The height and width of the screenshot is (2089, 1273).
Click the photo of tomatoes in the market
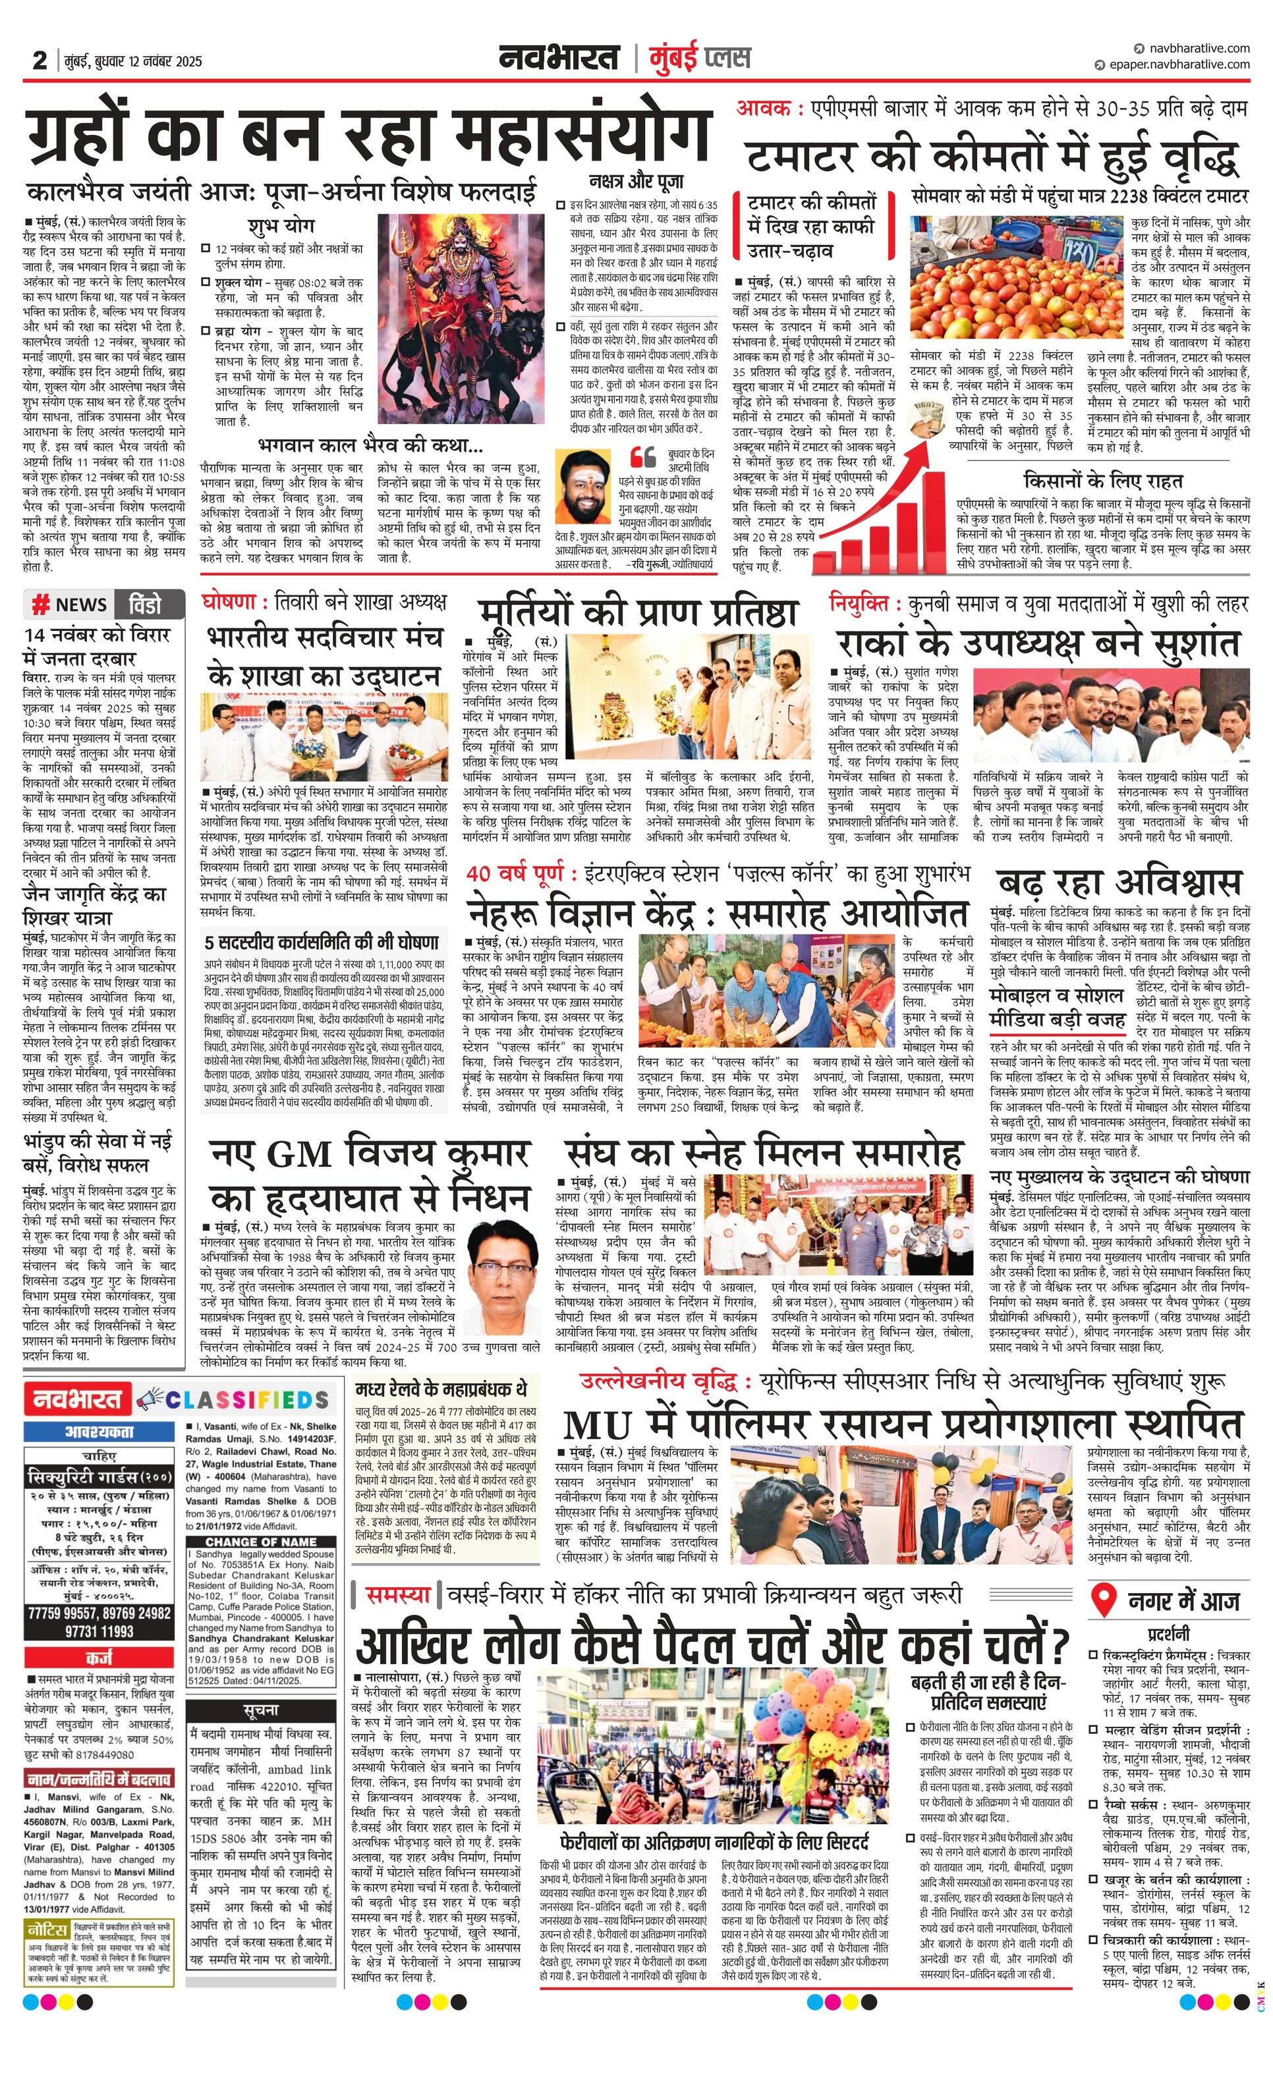coord(1018,275)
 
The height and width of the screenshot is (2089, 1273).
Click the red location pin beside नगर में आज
coord(1102,1600)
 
